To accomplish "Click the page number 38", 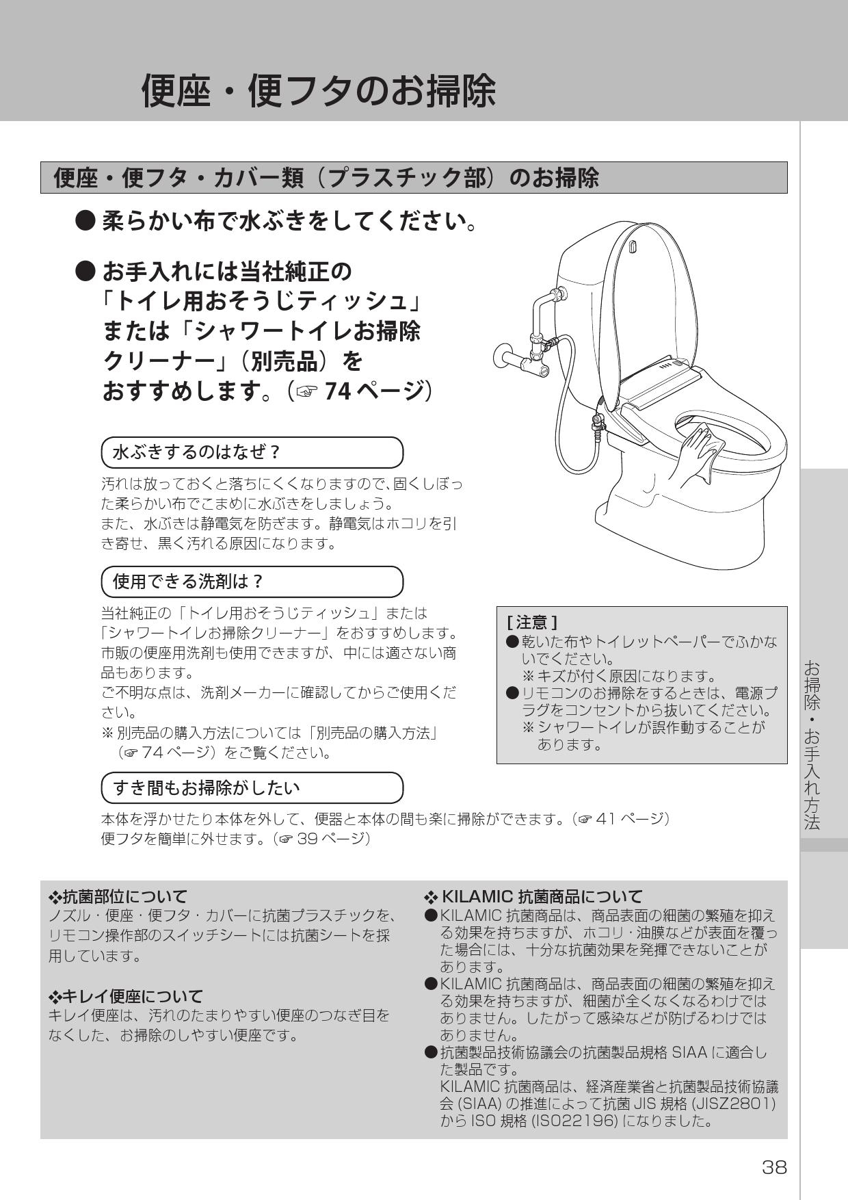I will coord(774,1166).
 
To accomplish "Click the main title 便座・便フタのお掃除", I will coord(318,90).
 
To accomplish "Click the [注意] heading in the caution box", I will coord(531,622).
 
